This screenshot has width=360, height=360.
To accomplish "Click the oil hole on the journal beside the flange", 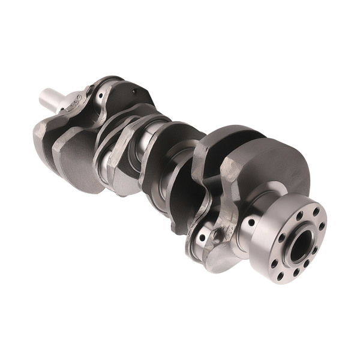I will click(x=251, y=223).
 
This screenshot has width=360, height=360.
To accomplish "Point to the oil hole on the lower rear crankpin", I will click(x=203, y=238).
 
